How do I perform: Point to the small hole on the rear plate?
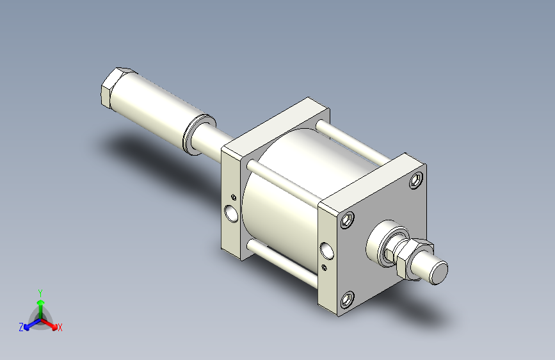coord(234,196)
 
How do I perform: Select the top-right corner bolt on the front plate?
coord(417,180)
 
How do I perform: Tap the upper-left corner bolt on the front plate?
coord(348,220)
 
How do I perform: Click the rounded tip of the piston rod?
coord(438,274)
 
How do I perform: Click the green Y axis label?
coord(40,291)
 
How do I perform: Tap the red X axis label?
coord(60,327)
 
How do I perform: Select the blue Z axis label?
coord(21,327)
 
